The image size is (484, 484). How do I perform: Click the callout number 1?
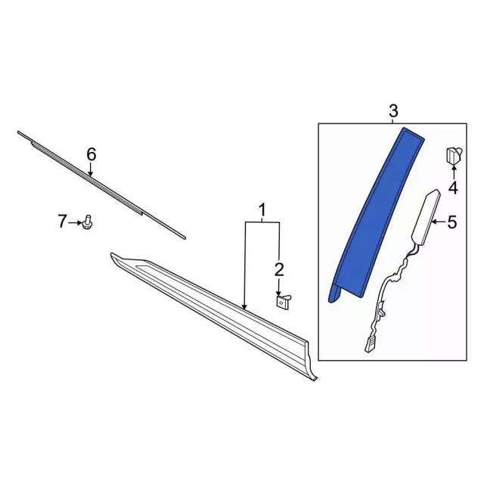(262, 211)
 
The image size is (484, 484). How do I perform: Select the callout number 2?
(279, 269)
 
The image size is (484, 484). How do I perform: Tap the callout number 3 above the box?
(393, 111)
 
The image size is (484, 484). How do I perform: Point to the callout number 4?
(453, 188)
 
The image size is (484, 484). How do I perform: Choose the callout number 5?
(452, 222)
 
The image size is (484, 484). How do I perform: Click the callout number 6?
(92, 154)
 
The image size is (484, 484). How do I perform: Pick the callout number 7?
(62, 222)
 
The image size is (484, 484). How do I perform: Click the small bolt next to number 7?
(88, 222)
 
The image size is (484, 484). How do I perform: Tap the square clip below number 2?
(283, 301)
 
